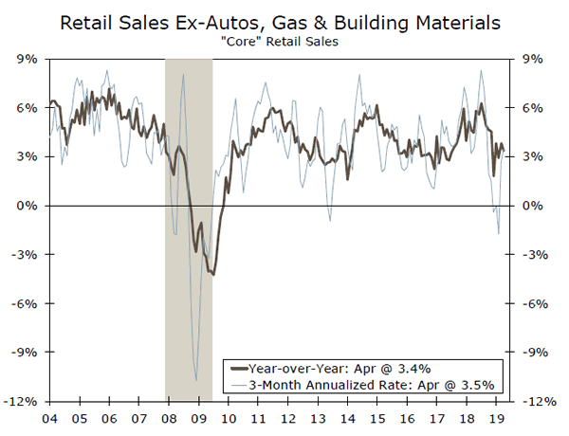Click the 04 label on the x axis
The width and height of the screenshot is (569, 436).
[x=49, y=418]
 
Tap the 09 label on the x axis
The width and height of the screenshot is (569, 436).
[x=198, y=418]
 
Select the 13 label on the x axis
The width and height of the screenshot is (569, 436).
[x=317, y=418]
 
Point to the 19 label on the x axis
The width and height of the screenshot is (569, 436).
[x=495, y=418]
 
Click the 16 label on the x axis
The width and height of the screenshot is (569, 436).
[x=406, y=418]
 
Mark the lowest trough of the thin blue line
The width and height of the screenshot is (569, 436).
[x=196, y=379]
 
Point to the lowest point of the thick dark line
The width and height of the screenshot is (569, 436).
[x=214, y=275]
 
